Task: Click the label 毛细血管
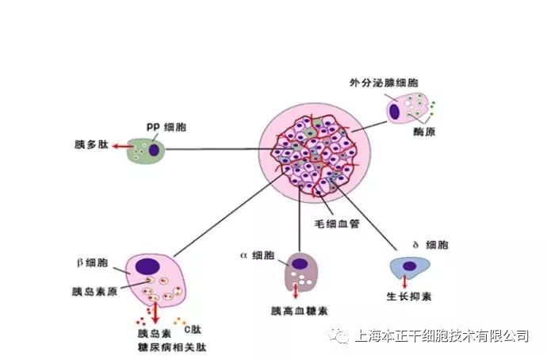(337, 224)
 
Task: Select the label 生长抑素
(408, 297)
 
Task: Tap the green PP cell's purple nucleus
(155, 149)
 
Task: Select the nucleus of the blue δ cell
(411, 266)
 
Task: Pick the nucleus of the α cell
(300, 262)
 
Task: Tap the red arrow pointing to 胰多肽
(121, 147)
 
